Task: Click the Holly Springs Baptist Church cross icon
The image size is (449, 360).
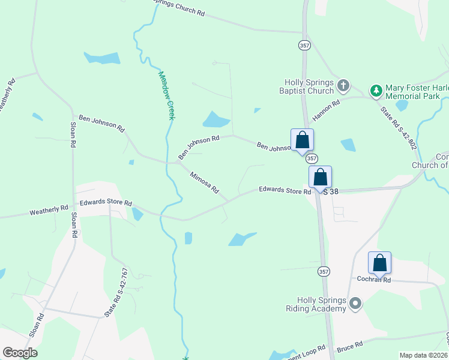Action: (x=343, y=85)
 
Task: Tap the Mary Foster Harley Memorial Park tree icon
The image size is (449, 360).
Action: (x=376, y=91)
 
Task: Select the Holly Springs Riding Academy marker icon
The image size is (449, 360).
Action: (x=355, y=304)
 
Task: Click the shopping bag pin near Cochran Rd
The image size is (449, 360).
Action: (x=379, y=263)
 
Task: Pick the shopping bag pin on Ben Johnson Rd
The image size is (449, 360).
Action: (x=302, y=140)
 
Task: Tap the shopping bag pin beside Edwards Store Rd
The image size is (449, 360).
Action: (x=320, y=177)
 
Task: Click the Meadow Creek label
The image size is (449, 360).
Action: (x=166, y=95)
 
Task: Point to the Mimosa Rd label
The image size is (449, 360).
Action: (x=205, y=183)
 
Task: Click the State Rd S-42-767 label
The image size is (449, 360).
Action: (x=116, y=292)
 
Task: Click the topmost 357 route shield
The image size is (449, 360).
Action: (x=304, y=45)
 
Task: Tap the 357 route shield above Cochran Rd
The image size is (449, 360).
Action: (x=324, y=271)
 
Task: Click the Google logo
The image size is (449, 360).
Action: (x=20, y=353)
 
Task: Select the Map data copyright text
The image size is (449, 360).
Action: (x=423, y=355)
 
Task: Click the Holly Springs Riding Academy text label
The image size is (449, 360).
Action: (x=322, y=304)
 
